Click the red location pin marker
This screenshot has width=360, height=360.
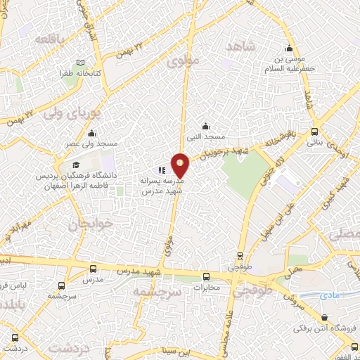pyautogui.click(x=181, y=165)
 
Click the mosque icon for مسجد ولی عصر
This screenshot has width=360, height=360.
pyautogui.click(x=91, y=134)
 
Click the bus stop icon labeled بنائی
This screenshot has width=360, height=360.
pyautogui.click(x=314, y=131)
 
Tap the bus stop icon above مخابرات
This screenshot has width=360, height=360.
pyautogui.click(x=206, y=276)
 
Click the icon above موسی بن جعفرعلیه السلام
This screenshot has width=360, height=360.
pyautogui.click(x=288, y=49)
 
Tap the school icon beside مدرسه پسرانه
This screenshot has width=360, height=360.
pyautogui.click(x=162, y=169)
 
